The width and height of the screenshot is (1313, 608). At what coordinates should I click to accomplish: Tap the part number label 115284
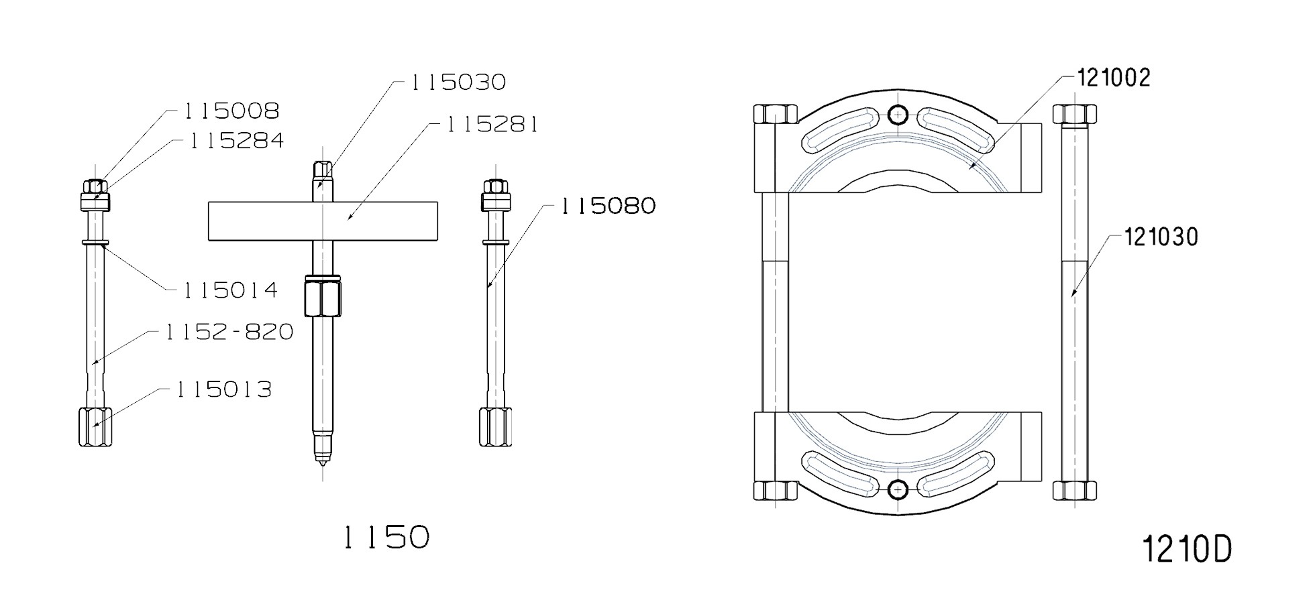pos(236,141)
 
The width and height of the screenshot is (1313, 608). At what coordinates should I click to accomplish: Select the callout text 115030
pos(458,82)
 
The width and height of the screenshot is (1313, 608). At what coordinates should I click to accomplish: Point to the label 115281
pos(492,125)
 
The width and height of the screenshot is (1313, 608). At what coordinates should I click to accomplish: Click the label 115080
pos(608,206)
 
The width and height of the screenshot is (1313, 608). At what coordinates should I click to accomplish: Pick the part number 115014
pos(230,290)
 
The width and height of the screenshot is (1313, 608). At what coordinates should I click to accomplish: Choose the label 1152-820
pos(229,332)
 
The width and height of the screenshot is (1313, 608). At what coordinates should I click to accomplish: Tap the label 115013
pos(224,389)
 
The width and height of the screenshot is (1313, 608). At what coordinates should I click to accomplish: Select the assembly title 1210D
pos(1186,550)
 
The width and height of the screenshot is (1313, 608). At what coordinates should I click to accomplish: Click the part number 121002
pos(1114,78)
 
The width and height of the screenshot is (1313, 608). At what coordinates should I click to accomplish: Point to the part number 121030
pos(1161,237)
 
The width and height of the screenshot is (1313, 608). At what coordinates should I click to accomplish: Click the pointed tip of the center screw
pos(323,460)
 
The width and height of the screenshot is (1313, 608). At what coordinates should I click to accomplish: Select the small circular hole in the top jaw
pos(898,115)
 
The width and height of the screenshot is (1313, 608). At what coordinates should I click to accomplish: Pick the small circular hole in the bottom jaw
pos(898,491)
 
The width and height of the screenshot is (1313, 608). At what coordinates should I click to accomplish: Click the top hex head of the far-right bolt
pos(1074,114)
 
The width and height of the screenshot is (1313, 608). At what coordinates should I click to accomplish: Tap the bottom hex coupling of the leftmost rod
pos(95,427)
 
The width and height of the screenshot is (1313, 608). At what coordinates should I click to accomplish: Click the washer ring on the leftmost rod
pos(95,242)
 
